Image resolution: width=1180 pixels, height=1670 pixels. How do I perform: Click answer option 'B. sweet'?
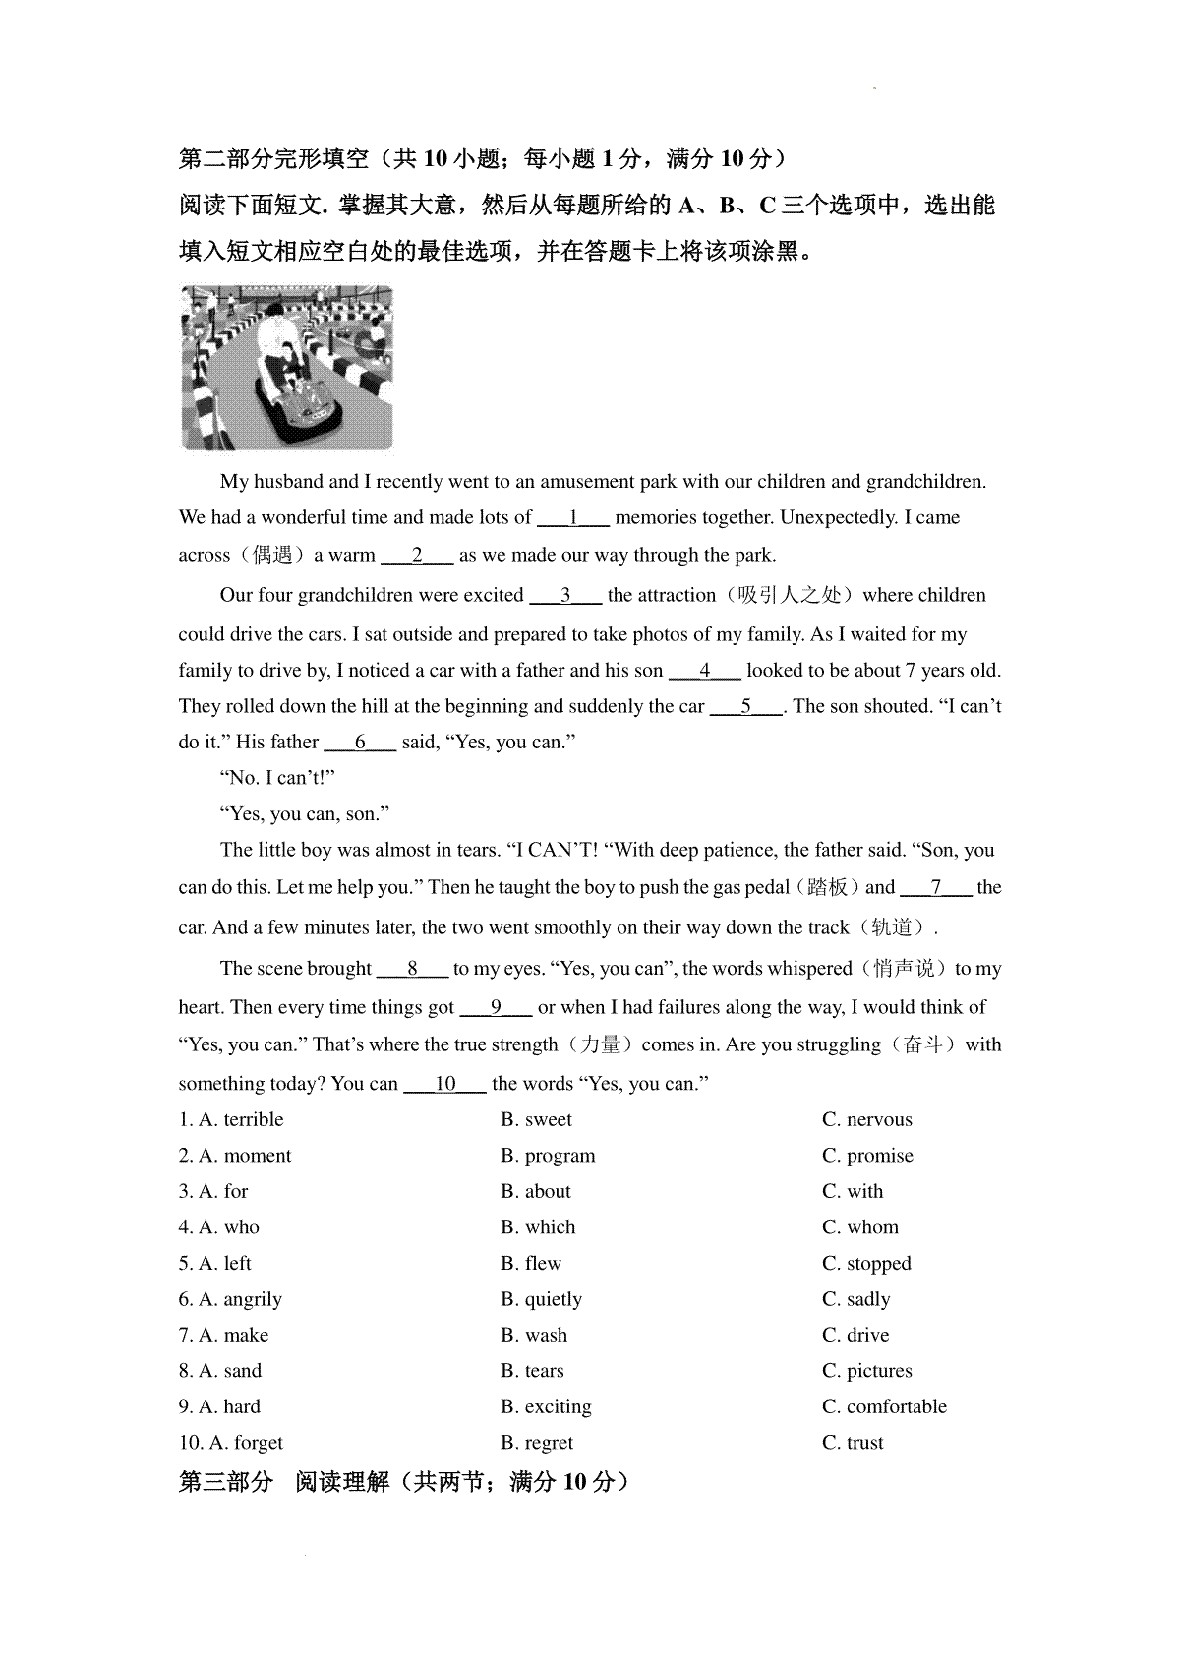click(536, 1119)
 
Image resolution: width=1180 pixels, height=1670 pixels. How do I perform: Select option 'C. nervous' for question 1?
click(866, 1119)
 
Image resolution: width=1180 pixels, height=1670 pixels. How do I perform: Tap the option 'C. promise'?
click(867, 1156)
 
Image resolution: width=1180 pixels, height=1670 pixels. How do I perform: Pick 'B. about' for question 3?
click(536, 1191)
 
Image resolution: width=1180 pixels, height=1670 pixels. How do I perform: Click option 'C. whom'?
click(860, 1227)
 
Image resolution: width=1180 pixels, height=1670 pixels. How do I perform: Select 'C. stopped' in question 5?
click(866, 1263)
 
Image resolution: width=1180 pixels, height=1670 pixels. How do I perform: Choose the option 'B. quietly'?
click(541, 1299)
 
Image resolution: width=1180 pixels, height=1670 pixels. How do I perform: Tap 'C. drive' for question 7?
click(855, 1335)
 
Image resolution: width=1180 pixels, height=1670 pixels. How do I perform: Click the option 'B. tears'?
click(532, 1371)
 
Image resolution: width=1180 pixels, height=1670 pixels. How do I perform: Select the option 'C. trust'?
click(853, 1443)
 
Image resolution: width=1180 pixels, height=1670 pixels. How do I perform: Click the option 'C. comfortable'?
click(884, 1406)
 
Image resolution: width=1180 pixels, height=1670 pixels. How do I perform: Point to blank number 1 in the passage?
click(574, 518)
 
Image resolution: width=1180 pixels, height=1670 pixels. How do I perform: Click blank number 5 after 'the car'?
click(746, 706)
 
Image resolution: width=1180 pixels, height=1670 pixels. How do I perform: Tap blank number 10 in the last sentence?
click(445, 1084)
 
